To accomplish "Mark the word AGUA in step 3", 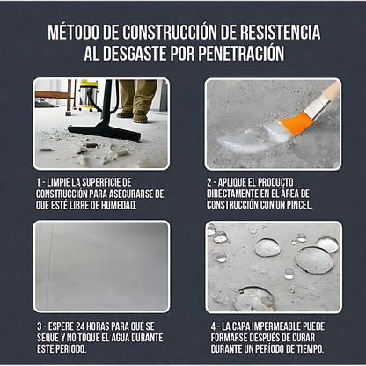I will tap(117, 336).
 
